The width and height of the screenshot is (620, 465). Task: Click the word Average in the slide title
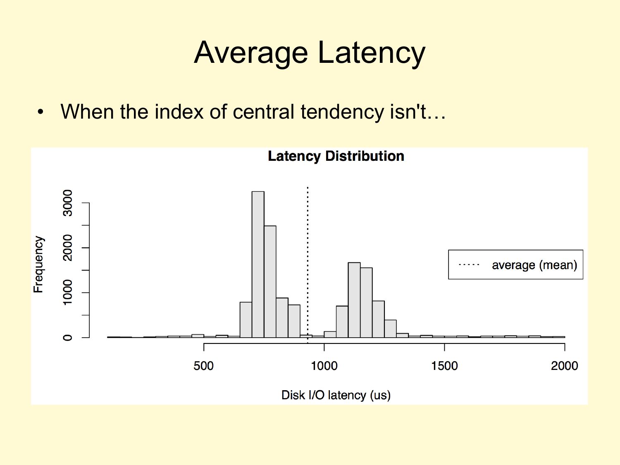[x=251, y=53]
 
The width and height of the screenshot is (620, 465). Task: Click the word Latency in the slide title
[x=372, y=53]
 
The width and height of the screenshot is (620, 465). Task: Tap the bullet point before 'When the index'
[x=41, y=112]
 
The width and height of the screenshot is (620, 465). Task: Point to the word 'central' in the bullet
[x=264, y=112]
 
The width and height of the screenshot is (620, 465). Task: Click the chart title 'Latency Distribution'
[x=336, y=156]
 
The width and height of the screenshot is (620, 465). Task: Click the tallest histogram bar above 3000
[x=258, y=264]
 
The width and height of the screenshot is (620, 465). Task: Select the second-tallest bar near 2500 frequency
[x=270, y=281]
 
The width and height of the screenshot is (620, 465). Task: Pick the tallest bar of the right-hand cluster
[x=354, y=300]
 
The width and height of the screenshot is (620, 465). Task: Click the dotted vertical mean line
[x=308, y=265]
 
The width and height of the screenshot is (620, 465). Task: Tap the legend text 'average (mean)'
[x=534, y=265]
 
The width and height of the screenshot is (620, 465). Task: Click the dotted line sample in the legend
[x=469, y=265]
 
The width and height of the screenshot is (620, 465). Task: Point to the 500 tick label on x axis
[x=203, y=366]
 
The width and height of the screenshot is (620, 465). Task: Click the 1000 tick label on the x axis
[x=324, y=366]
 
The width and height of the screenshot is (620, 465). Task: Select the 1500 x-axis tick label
[x=444, y=366]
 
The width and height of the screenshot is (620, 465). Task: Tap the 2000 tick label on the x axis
[x=564, y=366]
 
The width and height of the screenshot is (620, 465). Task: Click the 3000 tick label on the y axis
[x=67, y=203]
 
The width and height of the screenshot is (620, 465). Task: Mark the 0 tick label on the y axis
[x=67, y=337]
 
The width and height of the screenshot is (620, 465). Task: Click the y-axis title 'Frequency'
[x=39, y=264]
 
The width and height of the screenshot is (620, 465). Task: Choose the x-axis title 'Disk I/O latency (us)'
[x=336, y=395]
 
